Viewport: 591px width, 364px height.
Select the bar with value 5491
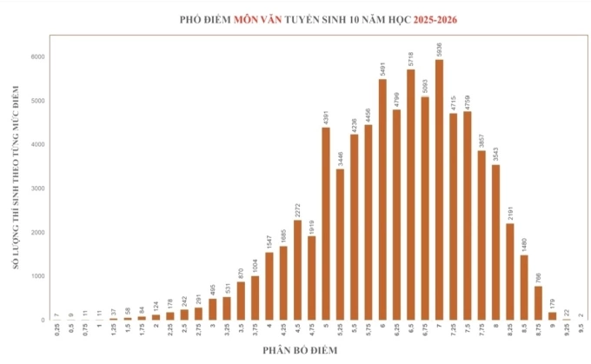pos(382,199)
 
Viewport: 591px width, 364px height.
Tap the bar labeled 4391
pos(326,223)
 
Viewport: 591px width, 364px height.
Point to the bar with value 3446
pos(340,244)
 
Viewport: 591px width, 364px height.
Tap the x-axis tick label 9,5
pos(581,330)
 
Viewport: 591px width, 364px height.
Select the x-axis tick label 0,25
pos(56,331)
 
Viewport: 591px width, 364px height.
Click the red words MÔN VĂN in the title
pos(260,18)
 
